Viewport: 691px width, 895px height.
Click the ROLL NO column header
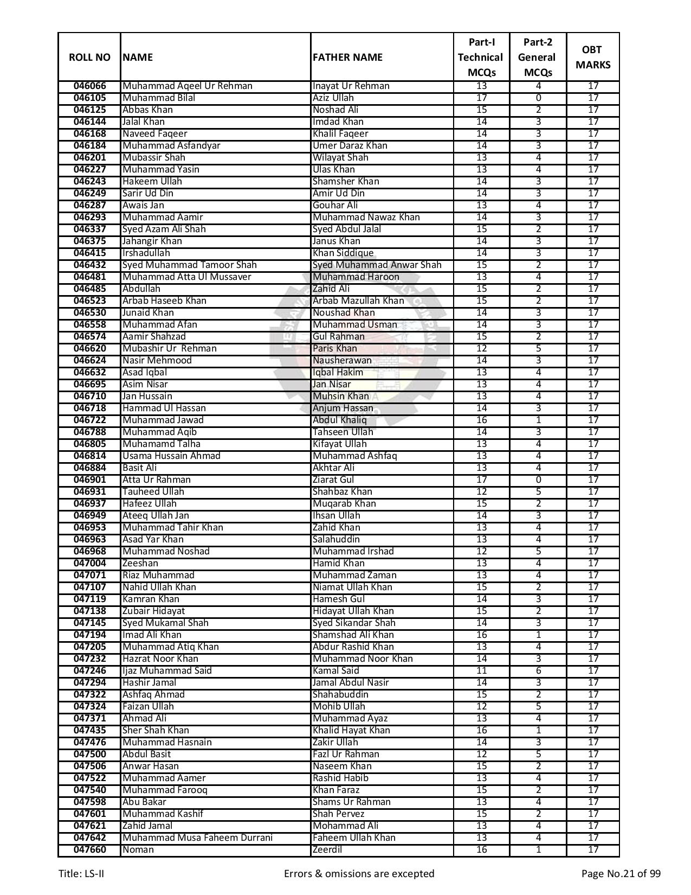pyautogui.click(x=89, y=57)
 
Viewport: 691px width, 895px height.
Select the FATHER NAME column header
pyautogui.click(x=347, y=57)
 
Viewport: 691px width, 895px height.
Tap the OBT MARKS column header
pyautogui.click(x=592, y=57)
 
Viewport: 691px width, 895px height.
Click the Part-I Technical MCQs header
pyautogui.click(x=481, y=57)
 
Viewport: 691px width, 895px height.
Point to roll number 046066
pyautogui.click(x=90, y=86)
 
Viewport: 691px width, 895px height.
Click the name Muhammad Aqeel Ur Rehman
pyautogui.click(x=188, y=86)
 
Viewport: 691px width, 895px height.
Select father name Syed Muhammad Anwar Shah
pyautogui.click(x=377, y=265)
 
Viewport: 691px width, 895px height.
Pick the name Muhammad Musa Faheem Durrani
pyautogui.click(x=197, y=838)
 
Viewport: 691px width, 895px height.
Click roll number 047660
pyautogui.click(x=90, y=850)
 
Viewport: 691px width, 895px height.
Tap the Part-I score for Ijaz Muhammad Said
pyautogui.click(x=481, y=671)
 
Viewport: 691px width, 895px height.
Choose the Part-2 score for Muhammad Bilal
pyautogui.click(x=538, y=98)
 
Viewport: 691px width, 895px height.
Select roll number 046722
pyautogui.click(x=90, y=420)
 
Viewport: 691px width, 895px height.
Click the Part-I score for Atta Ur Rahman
pyautogui.click(x=481, y=480)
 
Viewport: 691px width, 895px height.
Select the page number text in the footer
pyautogui.click(x=621, y=874)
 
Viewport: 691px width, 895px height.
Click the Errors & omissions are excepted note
pyautogui.click(x=359, y=874)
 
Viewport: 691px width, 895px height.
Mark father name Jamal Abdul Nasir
pyautogui.click(x=351, y=683)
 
